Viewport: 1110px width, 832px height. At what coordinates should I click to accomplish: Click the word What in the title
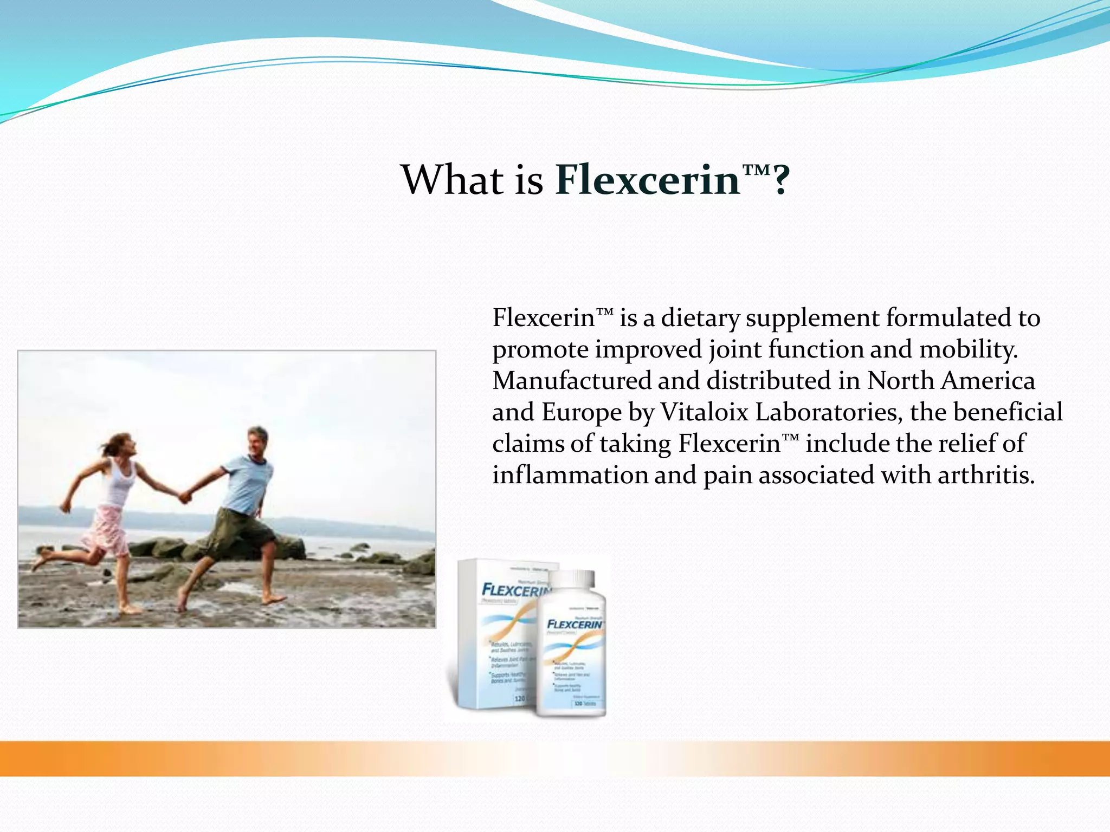(451, 180)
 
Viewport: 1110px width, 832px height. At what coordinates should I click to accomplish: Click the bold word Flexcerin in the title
(647, 180)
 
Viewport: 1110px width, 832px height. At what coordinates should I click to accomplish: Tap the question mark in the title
(781, 181)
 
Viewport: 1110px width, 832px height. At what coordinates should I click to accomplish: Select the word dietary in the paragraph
(700, 318)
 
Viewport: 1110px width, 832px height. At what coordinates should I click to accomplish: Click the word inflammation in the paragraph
(570, 475)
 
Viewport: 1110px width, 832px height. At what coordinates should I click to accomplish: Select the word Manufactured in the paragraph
(572, 381)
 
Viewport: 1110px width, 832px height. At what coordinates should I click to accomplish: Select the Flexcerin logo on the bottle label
(575, 625)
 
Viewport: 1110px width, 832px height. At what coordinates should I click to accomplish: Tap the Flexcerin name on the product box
(515, 590)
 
